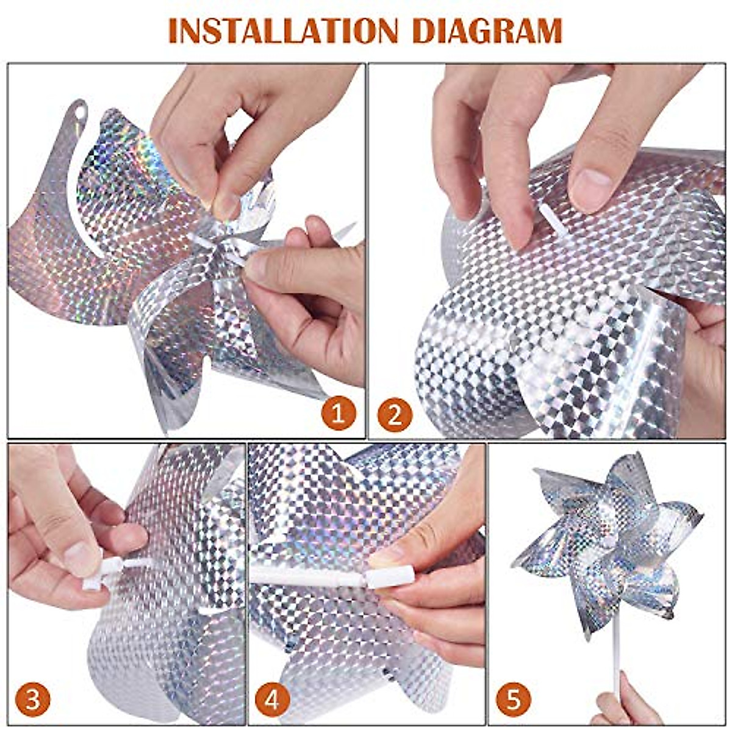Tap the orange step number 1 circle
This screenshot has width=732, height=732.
(x=338, y=413)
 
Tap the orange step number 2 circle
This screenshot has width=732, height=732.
(x=395, y=415)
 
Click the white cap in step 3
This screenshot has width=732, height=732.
(x=98, y=574)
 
